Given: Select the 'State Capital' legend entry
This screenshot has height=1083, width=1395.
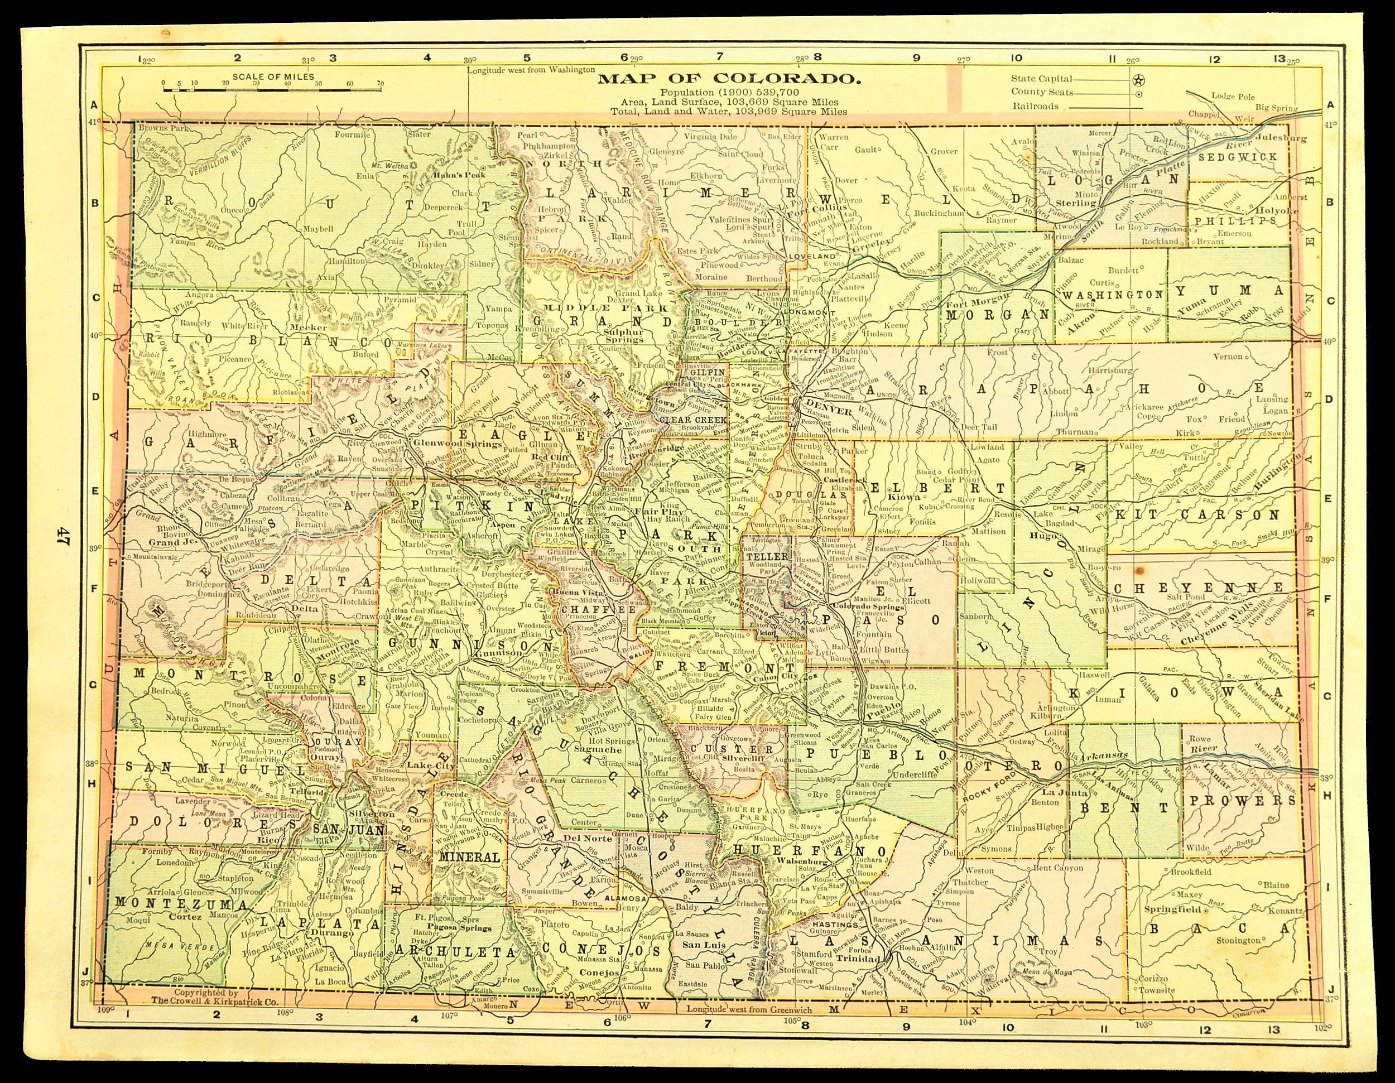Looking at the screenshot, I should point(1041,79).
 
